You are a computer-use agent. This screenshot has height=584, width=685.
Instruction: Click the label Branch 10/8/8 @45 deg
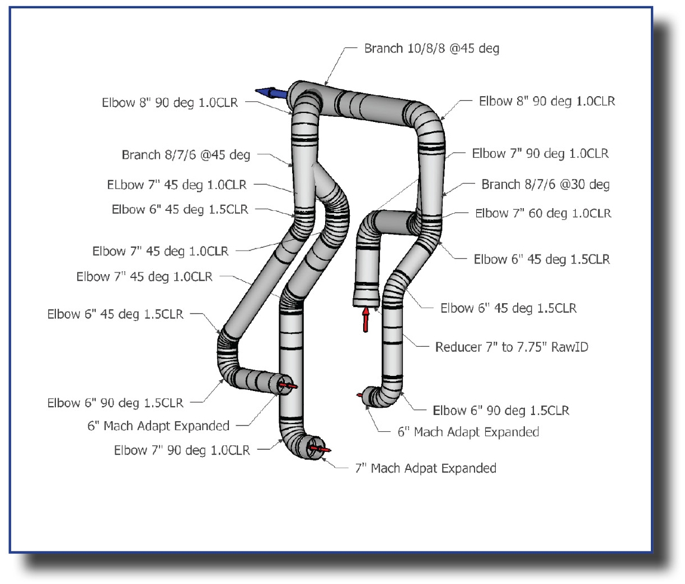431,49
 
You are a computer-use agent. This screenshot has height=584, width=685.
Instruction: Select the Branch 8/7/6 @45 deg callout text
186,155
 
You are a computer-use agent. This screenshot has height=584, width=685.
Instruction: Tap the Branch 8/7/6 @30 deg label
545,185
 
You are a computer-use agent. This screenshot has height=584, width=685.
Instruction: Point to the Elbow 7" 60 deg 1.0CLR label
543,214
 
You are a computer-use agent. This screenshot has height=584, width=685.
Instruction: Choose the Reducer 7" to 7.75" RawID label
512,347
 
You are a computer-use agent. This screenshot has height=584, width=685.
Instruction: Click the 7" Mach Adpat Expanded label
425,468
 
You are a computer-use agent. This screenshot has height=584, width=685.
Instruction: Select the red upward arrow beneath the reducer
366,319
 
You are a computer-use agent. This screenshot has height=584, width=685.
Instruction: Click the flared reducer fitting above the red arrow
367,295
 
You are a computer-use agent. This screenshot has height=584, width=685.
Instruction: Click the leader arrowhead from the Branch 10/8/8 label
326,83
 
